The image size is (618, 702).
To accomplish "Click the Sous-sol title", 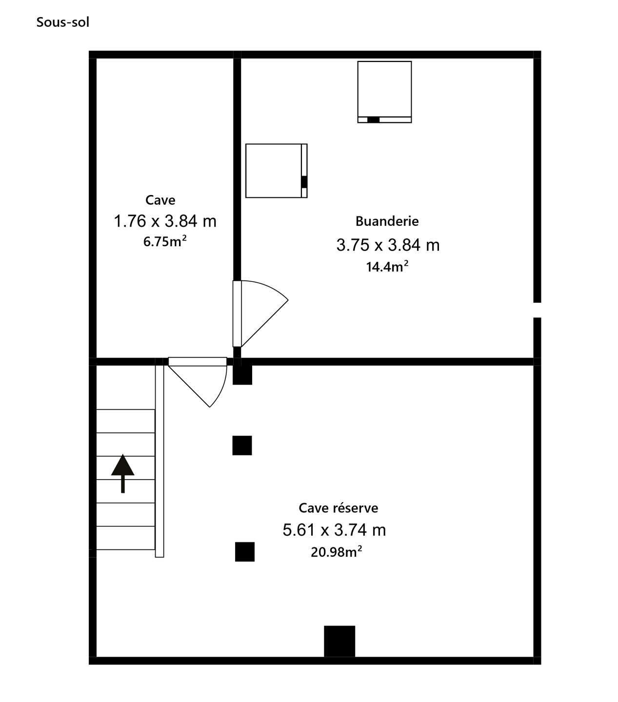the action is [63, 22].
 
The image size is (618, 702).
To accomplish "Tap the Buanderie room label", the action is [387, 221].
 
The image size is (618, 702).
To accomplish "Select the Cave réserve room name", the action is [338, 508].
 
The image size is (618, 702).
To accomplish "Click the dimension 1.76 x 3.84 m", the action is [165, 221].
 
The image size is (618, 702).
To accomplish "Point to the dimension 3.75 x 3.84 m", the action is [388, 245].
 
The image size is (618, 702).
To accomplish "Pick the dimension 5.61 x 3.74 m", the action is [334, 530].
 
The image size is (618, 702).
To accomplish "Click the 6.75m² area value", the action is [165, 241].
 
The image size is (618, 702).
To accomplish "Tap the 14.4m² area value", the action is [387, 267].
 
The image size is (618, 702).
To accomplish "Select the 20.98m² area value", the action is [337, 552].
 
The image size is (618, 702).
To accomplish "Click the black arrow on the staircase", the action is [123, 473].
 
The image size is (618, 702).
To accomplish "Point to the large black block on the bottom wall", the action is [339, 642].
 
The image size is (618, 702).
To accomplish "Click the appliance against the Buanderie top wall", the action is [384, 92].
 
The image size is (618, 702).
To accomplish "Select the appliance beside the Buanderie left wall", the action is [277, 171].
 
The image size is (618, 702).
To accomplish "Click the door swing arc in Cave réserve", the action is [222, 389].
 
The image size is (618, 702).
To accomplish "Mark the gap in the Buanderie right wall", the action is [537, 310].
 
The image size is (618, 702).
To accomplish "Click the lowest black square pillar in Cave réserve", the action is [245, 552].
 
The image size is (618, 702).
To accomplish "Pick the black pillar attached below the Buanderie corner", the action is [242, 375].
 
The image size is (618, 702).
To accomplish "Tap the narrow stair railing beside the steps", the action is [159, 461].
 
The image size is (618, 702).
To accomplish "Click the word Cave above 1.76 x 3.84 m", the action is [160, 200].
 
